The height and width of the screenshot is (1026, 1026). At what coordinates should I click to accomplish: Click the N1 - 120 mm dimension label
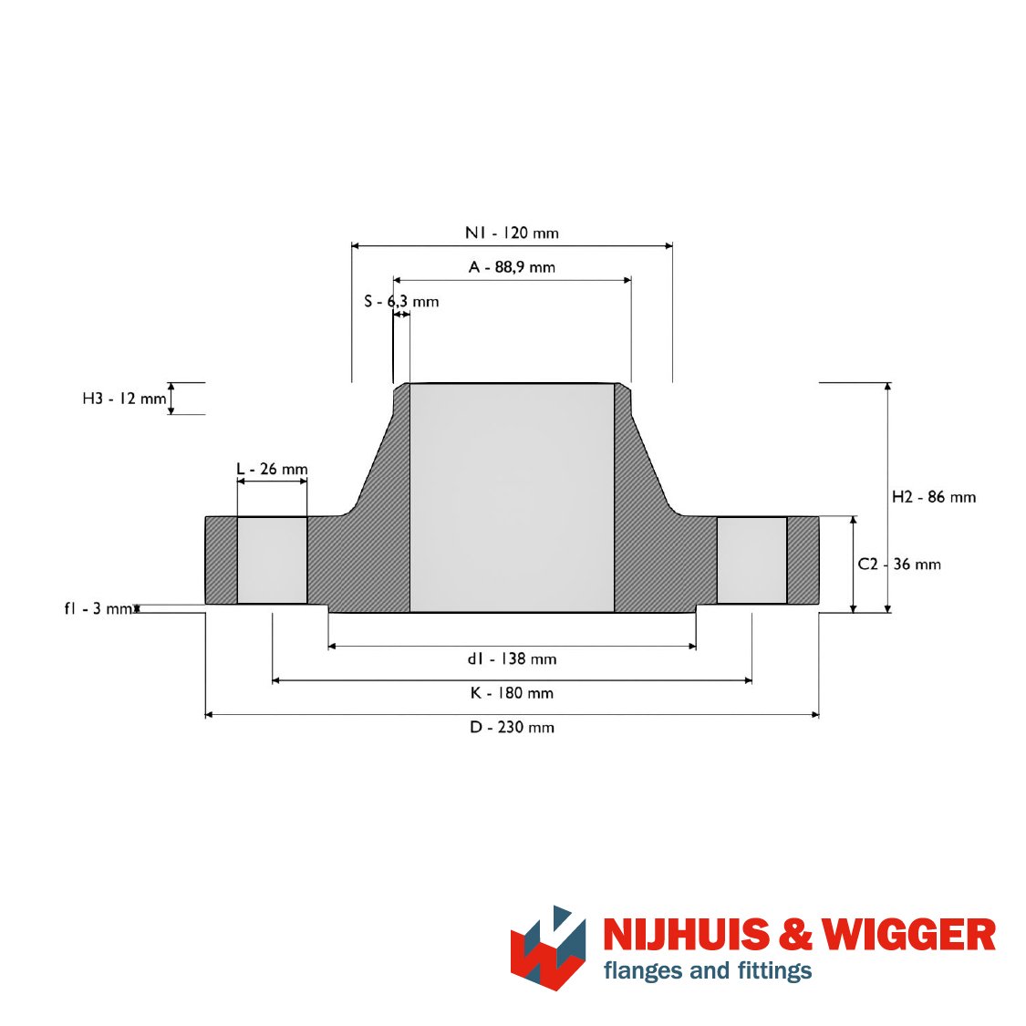coord(512,233)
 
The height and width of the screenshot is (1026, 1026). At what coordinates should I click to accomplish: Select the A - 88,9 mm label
coord(512,267)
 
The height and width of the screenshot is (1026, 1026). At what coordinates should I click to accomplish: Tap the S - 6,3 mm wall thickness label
coord(401,302)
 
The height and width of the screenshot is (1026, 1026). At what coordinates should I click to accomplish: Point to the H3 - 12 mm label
coord(124,399)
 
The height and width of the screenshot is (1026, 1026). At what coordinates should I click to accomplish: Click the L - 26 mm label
coord(272,469)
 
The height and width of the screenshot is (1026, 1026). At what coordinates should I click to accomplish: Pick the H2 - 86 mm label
coord(934,497)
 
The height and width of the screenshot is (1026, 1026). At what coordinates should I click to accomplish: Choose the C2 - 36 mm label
coord(899,564)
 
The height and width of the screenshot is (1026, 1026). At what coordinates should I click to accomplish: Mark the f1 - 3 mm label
coord(98,608)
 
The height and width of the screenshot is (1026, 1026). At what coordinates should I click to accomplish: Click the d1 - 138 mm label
coord(512,658)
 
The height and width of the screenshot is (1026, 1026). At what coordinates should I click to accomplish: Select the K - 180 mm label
coord(512,693)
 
